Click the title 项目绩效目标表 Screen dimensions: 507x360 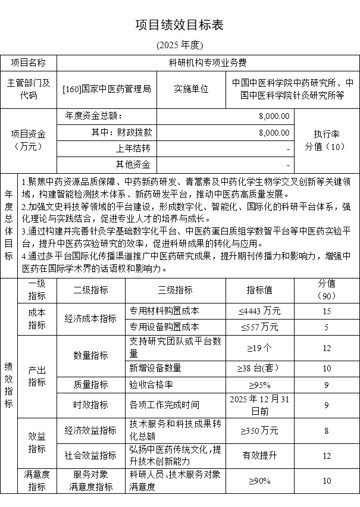pos(180,25)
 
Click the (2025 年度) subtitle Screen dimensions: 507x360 pos(180,45)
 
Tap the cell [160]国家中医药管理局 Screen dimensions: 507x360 pos(107,89)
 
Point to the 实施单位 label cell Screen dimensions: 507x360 pos(191,89)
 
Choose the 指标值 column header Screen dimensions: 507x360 pos(259,290)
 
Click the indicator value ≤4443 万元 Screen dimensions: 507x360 pos(259,311)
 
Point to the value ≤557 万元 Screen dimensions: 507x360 pos(259,327)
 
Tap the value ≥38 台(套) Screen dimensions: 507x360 pos(259,368)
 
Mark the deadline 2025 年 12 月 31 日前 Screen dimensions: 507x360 pos(259,405)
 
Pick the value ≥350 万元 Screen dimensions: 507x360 pos(259,430)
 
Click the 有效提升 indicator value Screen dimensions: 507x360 pos(259,455)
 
